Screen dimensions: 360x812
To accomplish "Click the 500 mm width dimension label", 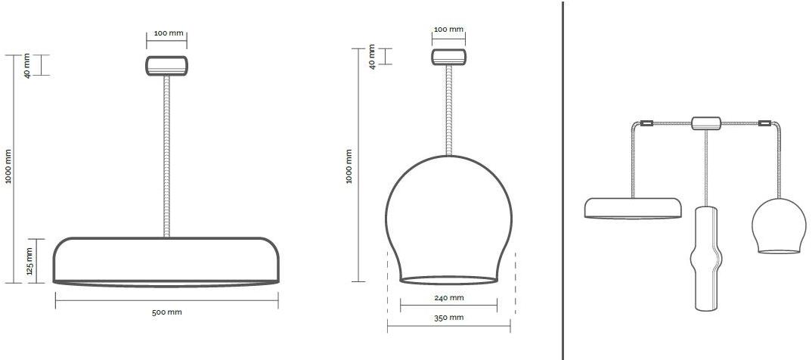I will [166, 312].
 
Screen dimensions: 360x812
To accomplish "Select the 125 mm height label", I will [29, 260].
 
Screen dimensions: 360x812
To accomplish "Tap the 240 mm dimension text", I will [448, 298].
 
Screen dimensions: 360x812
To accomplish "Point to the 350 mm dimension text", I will [448, 318].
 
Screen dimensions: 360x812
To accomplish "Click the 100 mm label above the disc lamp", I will [166, 34].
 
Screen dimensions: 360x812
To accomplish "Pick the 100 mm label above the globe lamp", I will [448, 29].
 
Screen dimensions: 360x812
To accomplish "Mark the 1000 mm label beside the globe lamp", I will [349, 167].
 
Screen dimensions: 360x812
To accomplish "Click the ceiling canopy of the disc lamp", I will [166, 65].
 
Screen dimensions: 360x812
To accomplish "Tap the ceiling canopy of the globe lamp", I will [448, 57].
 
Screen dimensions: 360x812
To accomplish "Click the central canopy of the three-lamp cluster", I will [705, 122].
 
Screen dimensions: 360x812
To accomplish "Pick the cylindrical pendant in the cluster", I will [707, 256].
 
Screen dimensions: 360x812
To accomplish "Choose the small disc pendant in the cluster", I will [633, 208].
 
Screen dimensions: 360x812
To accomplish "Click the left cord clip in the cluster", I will [646, 123].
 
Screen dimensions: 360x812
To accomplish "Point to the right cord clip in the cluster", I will [764, 123].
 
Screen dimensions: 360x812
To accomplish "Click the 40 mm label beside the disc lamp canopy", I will [28, 65].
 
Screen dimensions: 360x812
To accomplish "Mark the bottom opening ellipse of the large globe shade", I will [448, 280].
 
